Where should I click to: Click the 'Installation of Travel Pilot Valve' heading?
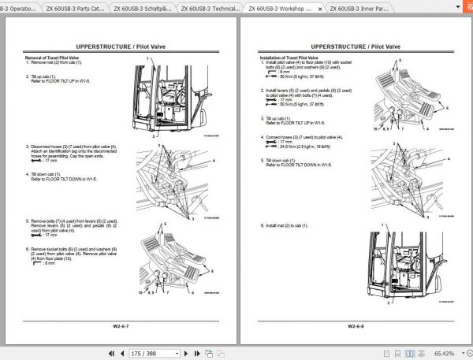(289, 58)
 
